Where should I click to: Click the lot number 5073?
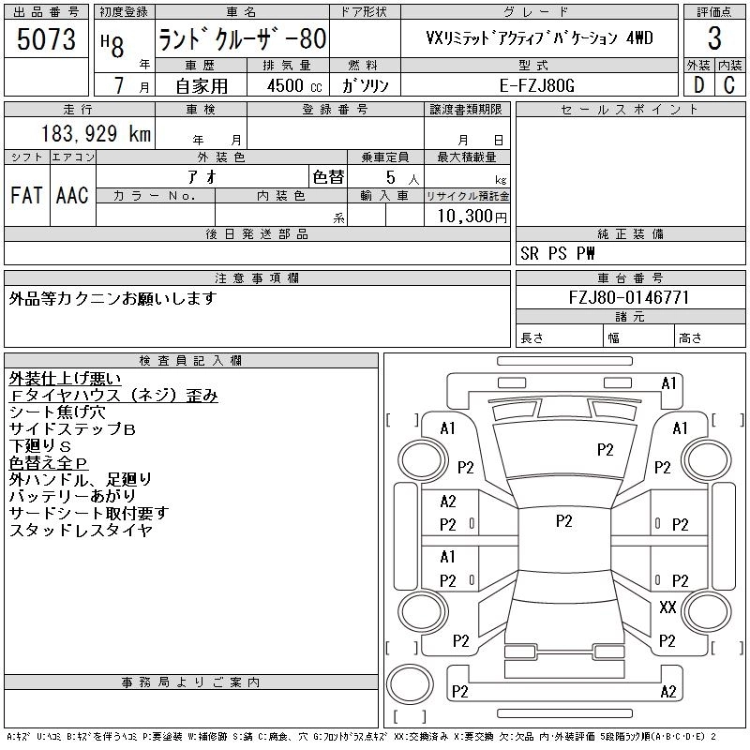[47, 39]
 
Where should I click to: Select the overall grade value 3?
[714, 39]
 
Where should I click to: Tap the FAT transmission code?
[25, 195]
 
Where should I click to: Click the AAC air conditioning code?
[71, 195]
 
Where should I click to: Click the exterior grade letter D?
[697, 85]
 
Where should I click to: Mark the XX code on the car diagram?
[667, 607]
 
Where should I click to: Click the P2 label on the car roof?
[563, 520]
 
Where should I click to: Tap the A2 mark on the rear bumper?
[667, 692]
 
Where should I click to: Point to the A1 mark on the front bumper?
[668, 383]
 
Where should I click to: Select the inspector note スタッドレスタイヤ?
[80, 530]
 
